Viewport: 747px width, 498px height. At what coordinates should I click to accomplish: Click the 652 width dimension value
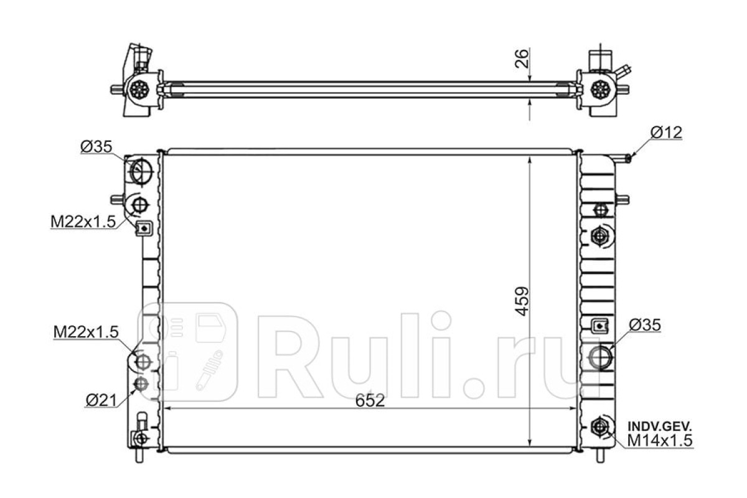point(370,401)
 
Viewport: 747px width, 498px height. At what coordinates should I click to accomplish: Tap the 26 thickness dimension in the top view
point(522,59)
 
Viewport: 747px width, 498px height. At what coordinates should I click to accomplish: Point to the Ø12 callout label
point(666,133)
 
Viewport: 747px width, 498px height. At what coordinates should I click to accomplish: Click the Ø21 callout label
point(101,400)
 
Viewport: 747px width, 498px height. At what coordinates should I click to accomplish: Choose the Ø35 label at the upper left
point(96,146)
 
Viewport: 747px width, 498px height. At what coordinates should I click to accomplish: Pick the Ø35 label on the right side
point(645,325)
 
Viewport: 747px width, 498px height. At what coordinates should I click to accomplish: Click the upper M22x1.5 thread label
point(83,221)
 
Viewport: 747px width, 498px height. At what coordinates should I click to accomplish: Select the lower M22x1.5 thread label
point(86,332)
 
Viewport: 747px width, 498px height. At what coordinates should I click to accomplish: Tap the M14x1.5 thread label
point(660,440)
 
